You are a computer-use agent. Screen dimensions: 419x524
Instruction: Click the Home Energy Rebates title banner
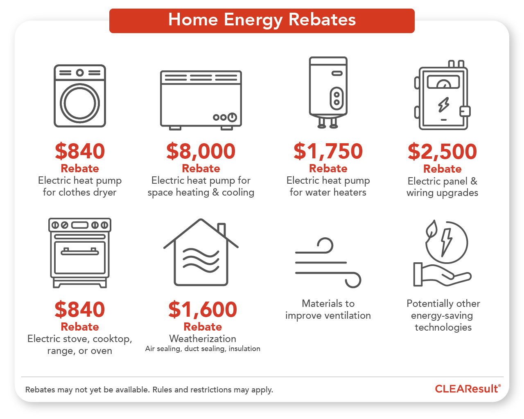coord(262,20)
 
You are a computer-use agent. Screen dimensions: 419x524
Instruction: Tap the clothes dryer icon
coord(80,96)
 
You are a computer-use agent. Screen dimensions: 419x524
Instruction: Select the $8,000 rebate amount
coord(201,151)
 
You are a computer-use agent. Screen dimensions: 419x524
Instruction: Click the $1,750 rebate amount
coord(328,151)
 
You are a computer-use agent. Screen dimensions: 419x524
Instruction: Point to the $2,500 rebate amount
coord(442,151)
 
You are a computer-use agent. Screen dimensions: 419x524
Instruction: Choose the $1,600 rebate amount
coord(203,309)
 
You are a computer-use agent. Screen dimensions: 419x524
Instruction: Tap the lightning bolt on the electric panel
coord(443,105)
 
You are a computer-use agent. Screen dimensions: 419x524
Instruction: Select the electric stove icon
coord(80,253)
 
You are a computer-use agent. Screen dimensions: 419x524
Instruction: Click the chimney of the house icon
coord(221,229)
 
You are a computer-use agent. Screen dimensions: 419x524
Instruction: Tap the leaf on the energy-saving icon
coord(431,230)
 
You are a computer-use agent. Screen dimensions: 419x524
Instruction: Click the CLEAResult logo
coord(467,389)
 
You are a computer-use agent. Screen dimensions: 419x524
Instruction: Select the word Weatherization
coord(203,339)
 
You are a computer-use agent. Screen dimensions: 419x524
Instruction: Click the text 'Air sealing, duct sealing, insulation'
coord(203,349)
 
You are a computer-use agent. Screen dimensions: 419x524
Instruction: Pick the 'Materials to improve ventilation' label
coord(328,309)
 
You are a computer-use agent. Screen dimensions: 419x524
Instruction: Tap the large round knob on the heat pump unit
coord(232,117)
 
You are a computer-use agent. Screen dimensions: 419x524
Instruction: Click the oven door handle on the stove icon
coord(80,252)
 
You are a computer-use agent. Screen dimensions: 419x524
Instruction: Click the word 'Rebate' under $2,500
coord(442,169)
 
